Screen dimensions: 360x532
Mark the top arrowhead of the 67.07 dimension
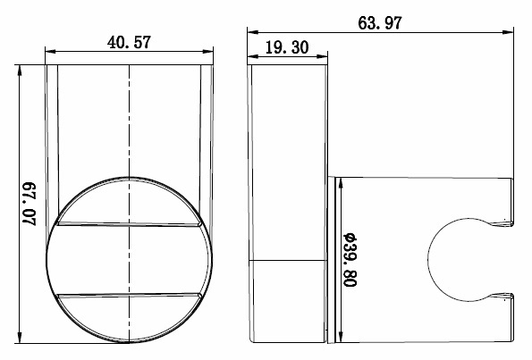pos(20,69)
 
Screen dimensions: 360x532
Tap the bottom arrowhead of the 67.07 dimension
pos(20,340)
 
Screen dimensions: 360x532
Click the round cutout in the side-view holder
pos(460,260)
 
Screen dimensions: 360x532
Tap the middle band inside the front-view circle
pos(129,260)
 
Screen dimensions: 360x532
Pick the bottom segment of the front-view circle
pos(129,318)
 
